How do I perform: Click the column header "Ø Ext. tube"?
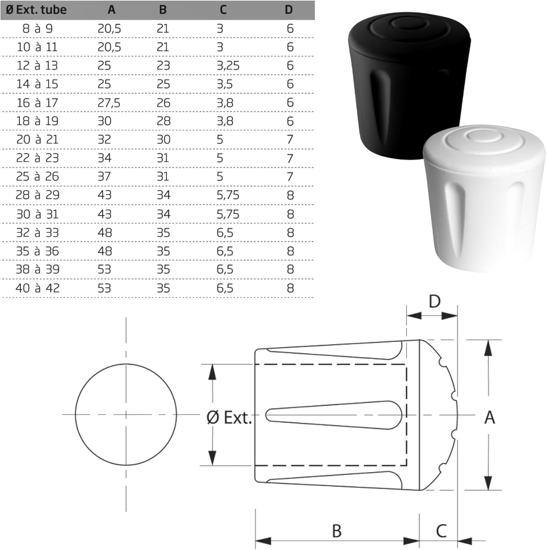(36, 10)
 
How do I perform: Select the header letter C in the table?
(223, 10)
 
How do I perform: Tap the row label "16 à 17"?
(37, 103)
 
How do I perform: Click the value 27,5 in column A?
(109, 103)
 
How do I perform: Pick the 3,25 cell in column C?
(228, 66)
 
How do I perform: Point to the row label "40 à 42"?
(37, 288)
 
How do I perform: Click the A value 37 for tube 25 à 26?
(104, 177)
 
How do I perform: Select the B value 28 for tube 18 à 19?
(163, 121)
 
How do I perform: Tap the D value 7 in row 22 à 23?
(290, 158)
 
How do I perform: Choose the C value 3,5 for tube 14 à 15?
(225, 84)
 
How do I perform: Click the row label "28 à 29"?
(37, 195)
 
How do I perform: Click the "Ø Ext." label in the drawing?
(229, 418)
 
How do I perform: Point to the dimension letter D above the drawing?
(435, 302)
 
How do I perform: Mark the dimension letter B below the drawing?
(337, 531)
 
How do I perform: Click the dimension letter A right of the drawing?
(489, 418)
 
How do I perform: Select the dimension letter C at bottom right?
(441, 531)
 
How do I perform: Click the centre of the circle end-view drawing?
(126, 415)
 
